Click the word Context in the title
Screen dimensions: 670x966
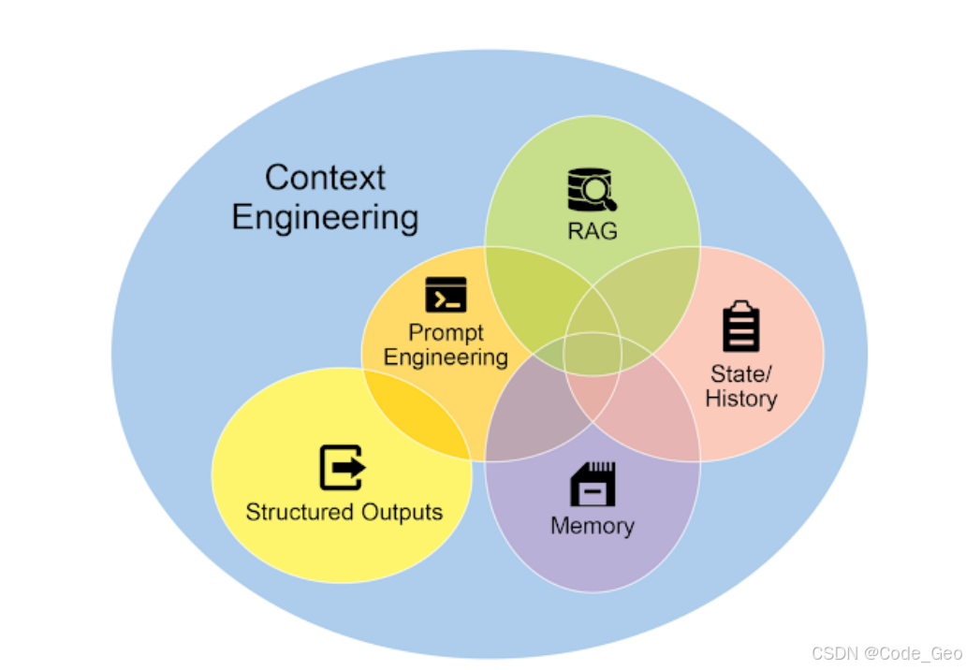(325, 177)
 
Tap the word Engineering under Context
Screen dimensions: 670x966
(325, 217)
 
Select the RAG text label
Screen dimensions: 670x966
(592, 230)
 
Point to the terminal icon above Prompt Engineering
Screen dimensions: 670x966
(446, 294)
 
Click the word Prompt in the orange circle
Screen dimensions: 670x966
(446, 333)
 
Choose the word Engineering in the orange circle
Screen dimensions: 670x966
(446, 357)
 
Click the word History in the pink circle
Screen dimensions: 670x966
(741, 399)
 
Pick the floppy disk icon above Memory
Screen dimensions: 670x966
(593, 484)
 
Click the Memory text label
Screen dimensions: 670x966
(593, 526)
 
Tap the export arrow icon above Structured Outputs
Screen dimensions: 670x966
(343, 468)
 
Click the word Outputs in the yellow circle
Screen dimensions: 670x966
(399, 512)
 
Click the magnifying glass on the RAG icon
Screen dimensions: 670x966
(599, 194)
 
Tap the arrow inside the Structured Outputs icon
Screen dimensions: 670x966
(350, 468)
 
